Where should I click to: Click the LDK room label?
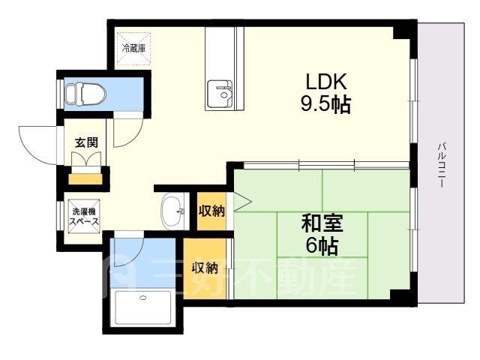pos(327,81)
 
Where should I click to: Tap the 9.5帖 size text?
pos(325,105)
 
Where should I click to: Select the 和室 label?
pos(322,223)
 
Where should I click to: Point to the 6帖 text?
pos(322,246)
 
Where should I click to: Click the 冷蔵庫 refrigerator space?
pos(133,48)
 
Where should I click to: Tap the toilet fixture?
pos(85,93)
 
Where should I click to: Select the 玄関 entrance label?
pos(87,142)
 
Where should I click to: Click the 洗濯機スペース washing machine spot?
pos(84,216)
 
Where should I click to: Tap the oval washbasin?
pos(172,211)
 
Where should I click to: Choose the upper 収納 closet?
pos(211,211)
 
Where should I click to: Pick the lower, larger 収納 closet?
pos(205,268)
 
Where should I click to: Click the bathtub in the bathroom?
pos(143,307)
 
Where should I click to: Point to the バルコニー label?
pos(442,165)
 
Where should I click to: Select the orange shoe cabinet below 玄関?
pos(85,179)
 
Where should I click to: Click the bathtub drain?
pos(143,297)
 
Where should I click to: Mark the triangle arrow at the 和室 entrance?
pos(243,202)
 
